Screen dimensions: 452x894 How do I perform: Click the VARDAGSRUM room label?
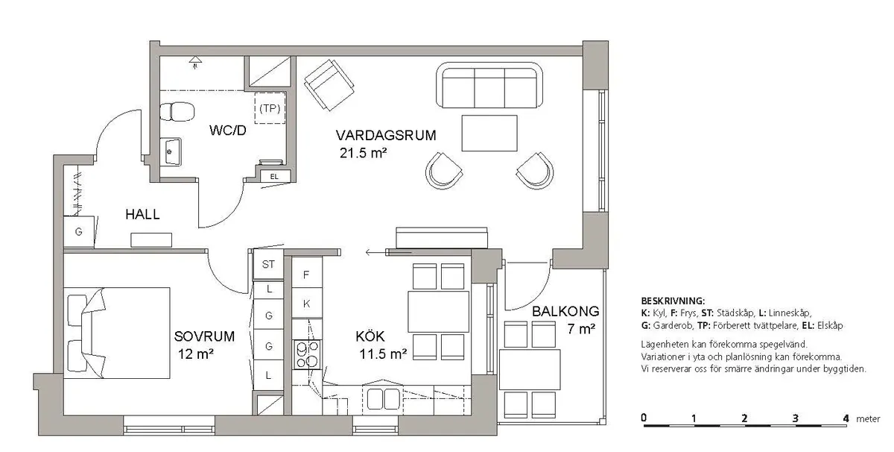pyautogui.click(x=385, y=136)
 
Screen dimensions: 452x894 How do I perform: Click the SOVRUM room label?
pyautogui.click(x=204, y=336)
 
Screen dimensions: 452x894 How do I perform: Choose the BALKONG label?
pyautogui.click(x=565, y=312)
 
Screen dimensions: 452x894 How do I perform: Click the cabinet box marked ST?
pyautogui.click(x=268, y=264)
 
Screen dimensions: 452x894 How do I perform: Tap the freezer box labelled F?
pyautogui.click(x=306, y=274)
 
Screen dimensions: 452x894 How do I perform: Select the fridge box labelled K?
pyautogui.click(x=306, y=304)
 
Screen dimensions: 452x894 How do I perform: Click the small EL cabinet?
pyautogui.click(x=273, y=176)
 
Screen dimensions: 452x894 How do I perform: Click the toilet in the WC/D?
pyautogui.click(x=177, y=111)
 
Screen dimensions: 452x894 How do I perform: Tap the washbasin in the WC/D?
pyautogui.click(x=173, y=151)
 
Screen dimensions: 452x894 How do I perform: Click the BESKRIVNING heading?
pyautogui.click(x=672, y=300)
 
